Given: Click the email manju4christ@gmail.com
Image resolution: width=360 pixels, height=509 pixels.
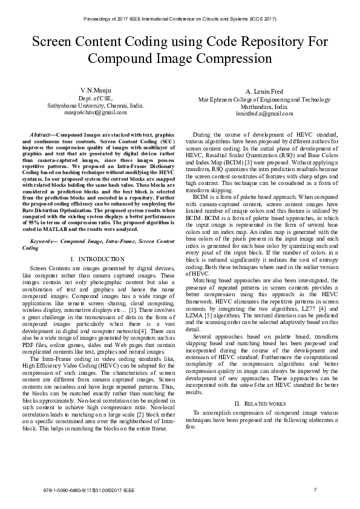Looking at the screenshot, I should (x=96, y=112).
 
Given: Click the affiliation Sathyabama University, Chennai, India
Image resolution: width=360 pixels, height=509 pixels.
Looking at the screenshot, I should (x=96, y=105).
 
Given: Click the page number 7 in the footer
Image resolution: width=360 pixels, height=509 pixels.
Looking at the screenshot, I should (x=315, y=488).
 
